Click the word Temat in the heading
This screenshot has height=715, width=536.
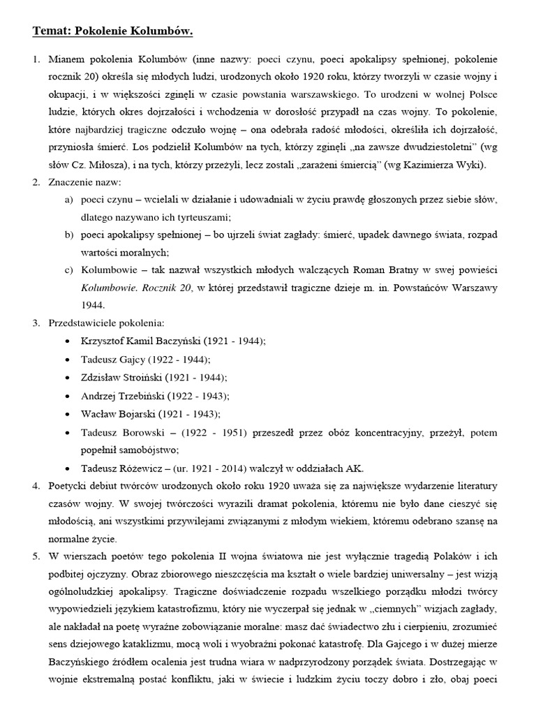pos(50,31)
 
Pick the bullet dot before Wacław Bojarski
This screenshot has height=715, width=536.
pos(66,413)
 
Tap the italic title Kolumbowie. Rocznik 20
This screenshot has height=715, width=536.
pos(135,287)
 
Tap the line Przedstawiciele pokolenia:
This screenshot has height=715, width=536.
pos(105,323)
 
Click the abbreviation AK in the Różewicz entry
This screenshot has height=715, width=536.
pos(355,469)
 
